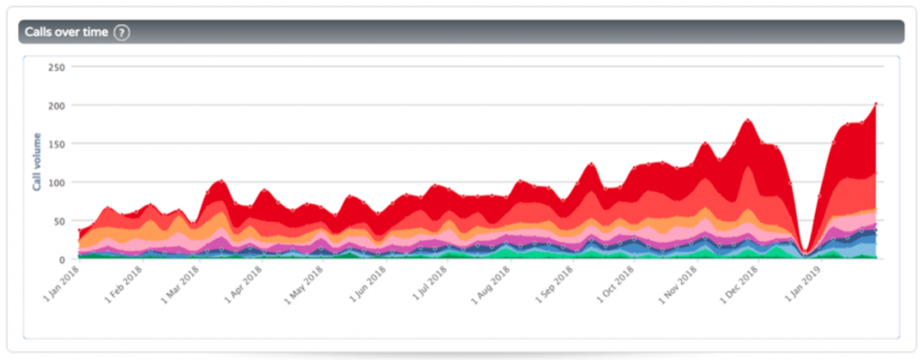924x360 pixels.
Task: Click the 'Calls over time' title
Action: click(x=68, y=32)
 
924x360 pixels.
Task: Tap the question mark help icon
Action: click(x=122, y=32)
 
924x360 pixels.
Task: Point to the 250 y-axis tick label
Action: click(x=56, y=67)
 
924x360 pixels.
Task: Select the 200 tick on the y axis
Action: click(x=56, y=106)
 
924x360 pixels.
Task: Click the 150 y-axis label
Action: click(x=56, y=144)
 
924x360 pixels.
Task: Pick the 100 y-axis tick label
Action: click(x=56, y=182)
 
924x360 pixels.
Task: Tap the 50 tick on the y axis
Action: click(x=59, y=221)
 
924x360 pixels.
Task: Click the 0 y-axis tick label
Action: click(x=61, y=260)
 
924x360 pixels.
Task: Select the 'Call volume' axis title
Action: click(x=37, y=162)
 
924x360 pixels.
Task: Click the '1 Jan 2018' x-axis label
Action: click(x=60, y=285)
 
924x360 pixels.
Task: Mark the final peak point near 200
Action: click(x=876, y=105)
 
